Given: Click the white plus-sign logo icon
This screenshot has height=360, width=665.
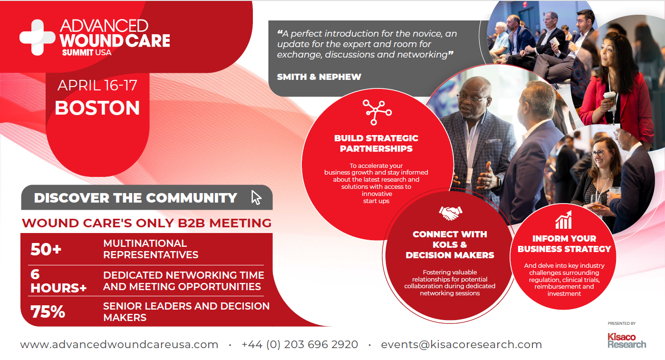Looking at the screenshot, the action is pyautogui.click(x=38, y=38).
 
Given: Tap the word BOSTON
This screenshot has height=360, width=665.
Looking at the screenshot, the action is pyautogui.click(x=97, y=108).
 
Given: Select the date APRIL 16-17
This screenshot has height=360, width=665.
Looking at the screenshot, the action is pyautogui.click(x=97, y=86).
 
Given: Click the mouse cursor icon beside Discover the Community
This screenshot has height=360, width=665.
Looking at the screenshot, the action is pyautogui.click(x=256, y=197).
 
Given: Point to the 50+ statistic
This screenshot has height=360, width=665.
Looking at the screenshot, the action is pyautogui.click(x=46, y=249).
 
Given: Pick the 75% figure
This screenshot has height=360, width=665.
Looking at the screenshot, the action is pyautogui.click(x=48, y=312).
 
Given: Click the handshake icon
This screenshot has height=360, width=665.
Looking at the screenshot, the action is pyautogui.click(x=450, y=213).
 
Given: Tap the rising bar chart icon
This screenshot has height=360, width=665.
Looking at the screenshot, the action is pyautogui.click(x=563, y=220).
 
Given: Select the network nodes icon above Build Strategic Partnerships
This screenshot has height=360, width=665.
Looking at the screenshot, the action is pyautogui.click(x=377, y=112).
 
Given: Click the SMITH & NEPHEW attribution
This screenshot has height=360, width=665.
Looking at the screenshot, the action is pyautogui.click(x=319, y=77).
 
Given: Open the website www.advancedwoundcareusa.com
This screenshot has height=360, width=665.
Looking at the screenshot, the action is pyautogui.click(x=119, y=345).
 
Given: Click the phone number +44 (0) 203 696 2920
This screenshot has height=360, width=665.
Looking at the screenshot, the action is pyautogui.click(x=300, y=345).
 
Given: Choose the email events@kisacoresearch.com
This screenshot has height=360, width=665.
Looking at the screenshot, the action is pyautogui.click(x=462, y=345).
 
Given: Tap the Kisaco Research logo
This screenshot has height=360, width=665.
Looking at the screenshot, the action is pyautogui.click(x=626, y=341).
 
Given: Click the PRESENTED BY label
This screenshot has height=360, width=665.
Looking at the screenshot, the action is pyautogui.click(x=622, y=323).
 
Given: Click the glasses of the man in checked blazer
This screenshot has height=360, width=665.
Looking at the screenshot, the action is pyautogui.click(x=472, y=97).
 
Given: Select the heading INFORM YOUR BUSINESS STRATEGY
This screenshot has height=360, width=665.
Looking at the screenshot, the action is pyautogui.click(x=564, y=244).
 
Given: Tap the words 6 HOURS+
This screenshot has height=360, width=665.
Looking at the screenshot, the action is pyautogui.click(x=58, y=281).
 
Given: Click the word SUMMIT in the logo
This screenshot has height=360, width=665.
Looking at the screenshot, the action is pyautogui.click(x=78, y=53).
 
